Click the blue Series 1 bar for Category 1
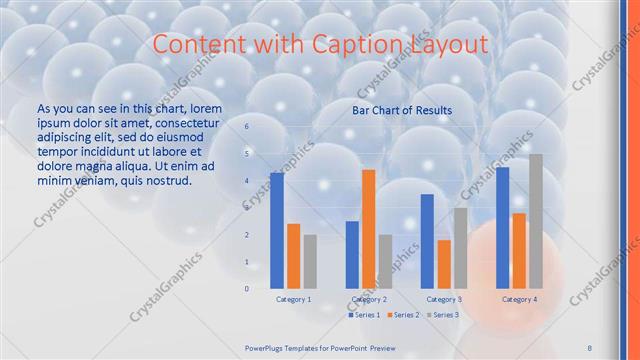(x=277, y=230)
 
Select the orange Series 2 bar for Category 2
(x=369, y=229)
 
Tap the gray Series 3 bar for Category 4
(x=536, y=221)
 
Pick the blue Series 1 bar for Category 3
(x=427, y=241)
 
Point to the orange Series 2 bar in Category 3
(x=443, y=264)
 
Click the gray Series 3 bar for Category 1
(x=310, y=261)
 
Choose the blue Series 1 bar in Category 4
(x=502, y=227)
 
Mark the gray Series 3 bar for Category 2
(x=385, y=261)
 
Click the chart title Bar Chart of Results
(x=402, y=110)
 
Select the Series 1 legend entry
(x=365, y=315)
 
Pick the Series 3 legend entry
(x=443, y=315)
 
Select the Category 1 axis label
(x=294, y=299)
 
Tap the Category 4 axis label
(x=519, y=299)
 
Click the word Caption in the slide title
(x=370, y=45)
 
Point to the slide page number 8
(x=589, y=346)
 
